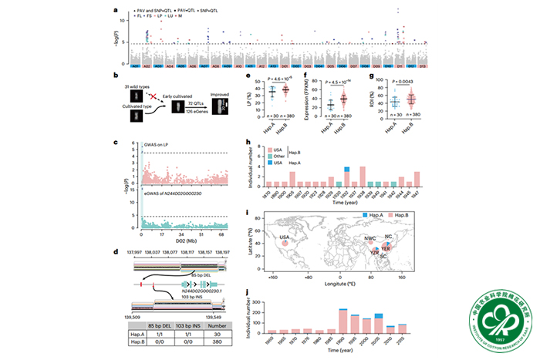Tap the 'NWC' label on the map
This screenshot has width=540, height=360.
tap(370, 239)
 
